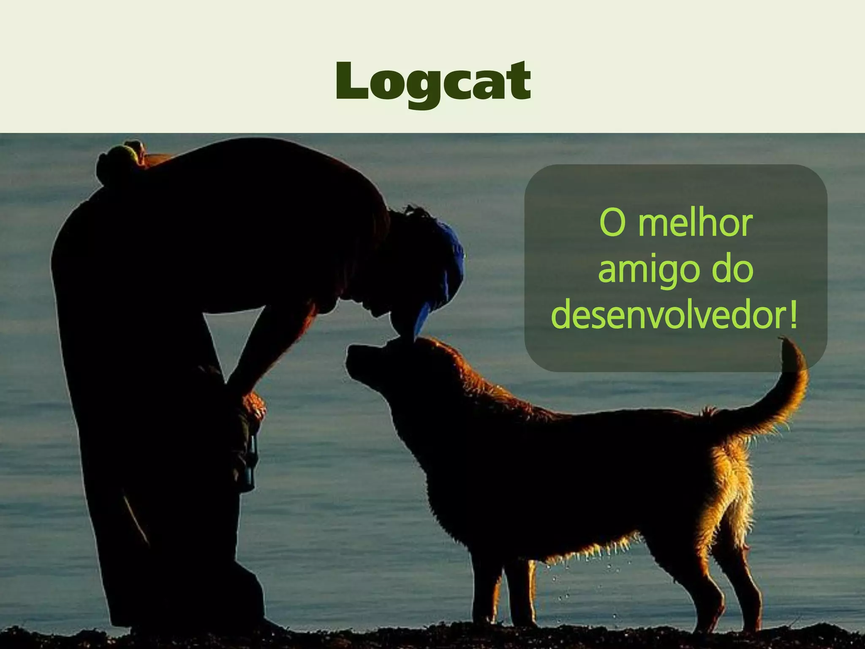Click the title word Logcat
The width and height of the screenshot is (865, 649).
point(433,81)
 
